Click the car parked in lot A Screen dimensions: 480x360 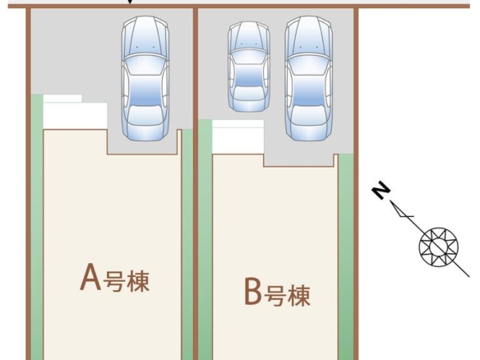145,78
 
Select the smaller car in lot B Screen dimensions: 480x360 249,67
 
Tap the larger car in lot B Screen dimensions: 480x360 308,78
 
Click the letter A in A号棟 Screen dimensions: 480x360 90,277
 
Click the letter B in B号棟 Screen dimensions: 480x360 253,291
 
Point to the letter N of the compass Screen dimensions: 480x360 381,191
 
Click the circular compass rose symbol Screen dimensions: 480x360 438,247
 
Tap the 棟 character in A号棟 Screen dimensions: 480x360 138,280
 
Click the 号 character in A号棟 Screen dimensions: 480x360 114,280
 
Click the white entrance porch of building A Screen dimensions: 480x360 75,112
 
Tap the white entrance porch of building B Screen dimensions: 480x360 238,136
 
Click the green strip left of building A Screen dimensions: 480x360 37,227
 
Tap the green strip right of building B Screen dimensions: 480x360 346,256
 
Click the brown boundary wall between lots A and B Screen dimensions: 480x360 196,183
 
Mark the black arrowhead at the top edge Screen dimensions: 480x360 130,2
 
